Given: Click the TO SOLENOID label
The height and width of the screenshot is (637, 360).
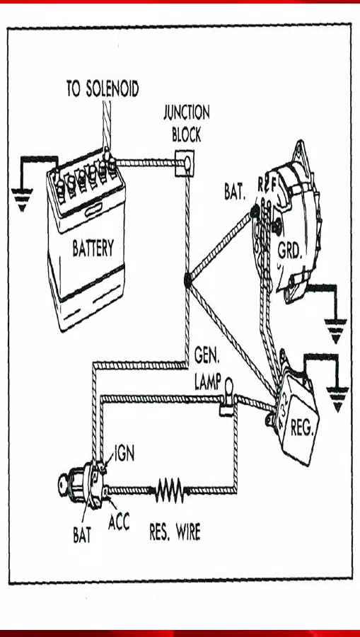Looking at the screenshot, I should click(103, 88).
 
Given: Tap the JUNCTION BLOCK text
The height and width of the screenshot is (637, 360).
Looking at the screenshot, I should click(187, 122).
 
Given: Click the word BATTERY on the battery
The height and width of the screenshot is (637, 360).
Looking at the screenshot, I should click(93, 248).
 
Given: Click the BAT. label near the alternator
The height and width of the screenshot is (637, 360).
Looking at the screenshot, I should click(235, 191).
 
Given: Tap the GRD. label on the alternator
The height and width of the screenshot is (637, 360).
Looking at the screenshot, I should click(290, 251).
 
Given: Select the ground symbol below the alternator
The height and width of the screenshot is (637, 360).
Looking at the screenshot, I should click(335, 331).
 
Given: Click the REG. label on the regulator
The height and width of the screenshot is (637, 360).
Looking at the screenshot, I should click(301, 428).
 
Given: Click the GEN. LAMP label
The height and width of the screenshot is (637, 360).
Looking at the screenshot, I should click(209, 368).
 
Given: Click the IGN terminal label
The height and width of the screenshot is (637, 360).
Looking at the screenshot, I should click(124, 454).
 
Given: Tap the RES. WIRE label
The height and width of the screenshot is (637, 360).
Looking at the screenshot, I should click(175, 532).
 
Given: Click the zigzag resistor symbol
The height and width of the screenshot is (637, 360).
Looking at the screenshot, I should click(170, 489).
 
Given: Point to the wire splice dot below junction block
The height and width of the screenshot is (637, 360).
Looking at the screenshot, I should click(187, 280).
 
